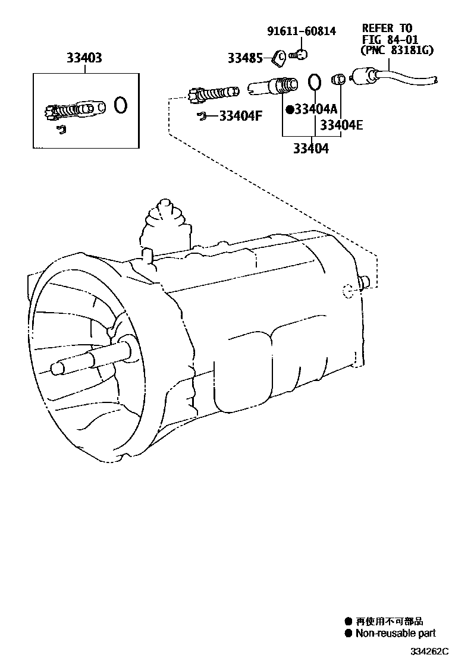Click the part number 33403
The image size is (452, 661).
[84, 58]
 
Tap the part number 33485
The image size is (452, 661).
[243, 58]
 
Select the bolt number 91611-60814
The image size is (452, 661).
[302, 32]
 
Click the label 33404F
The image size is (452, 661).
[240, 116]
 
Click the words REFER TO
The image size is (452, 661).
[387, 28]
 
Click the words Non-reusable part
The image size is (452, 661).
[395, 634]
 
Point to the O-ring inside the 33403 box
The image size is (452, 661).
[120, 105]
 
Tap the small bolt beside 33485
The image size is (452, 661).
[299, 55]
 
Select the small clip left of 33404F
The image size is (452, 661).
[202, 115]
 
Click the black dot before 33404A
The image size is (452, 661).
[290, 109]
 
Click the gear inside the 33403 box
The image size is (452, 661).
[54, 112]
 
